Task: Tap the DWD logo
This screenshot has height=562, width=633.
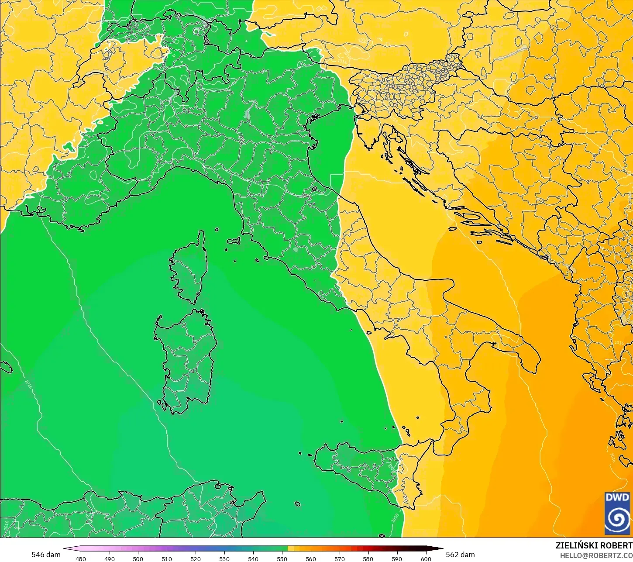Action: (617, 513)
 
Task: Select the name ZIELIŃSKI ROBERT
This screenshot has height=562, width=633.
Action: (594, 545)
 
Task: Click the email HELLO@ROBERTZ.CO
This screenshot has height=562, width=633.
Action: (596, 555)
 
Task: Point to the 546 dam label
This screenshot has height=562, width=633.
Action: (46, 555)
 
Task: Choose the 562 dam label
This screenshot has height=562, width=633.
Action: (461, 555)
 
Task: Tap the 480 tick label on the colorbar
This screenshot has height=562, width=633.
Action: (81, 559)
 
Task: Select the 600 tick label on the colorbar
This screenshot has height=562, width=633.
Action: (426, 559)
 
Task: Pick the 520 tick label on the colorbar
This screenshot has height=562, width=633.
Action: (196, 559)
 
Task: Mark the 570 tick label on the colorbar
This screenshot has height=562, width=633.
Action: (339, 559)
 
